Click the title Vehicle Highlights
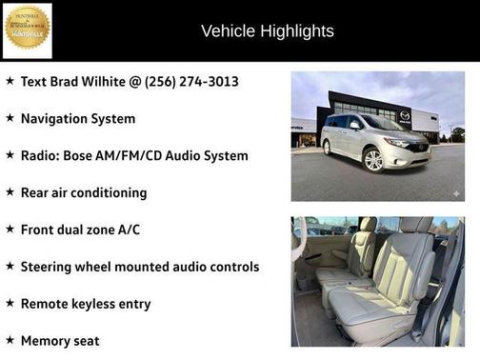pos(268,31)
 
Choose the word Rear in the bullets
pos(36,192)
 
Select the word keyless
pos(105,304)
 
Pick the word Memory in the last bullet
pos(46,340)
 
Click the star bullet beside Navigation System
pos(10,118)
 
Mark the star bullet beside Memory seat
pos(10,339)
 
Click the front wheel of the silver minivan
pos(373,160)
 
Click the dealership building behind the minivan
pos(381,105)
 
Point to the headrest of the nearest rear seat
pos(416,228)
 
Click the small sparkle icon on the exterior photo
pos(456,193)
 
